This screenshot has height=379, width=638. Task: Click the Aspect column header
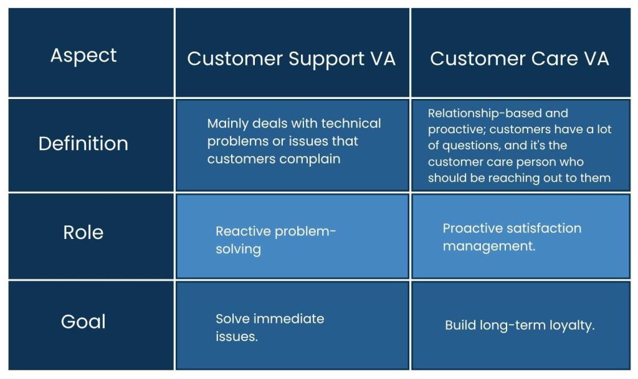pos(83,55)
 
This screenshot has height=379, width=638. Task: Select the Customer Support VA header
pos(291,58)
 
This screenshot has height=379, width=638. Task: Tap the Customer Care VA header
pos(520,58)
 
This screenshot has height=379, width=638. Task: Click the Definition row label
pos(83,144)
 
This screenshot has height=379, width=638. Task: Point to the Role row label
pos(83,233)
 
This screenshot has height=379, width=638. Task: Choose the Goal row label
pos(83,322)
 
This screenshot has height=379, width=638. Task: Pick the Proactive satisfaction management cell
pos(520,236)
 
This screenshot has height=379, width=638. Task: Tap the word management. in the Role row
pos(489,246)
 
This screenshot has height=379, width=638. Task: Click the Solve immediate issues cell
pos(292,327)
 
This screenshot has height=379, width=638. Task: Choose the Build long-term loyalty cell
pos(520,325)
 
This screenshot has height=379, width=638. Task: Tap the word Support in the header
pos(326,58)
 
